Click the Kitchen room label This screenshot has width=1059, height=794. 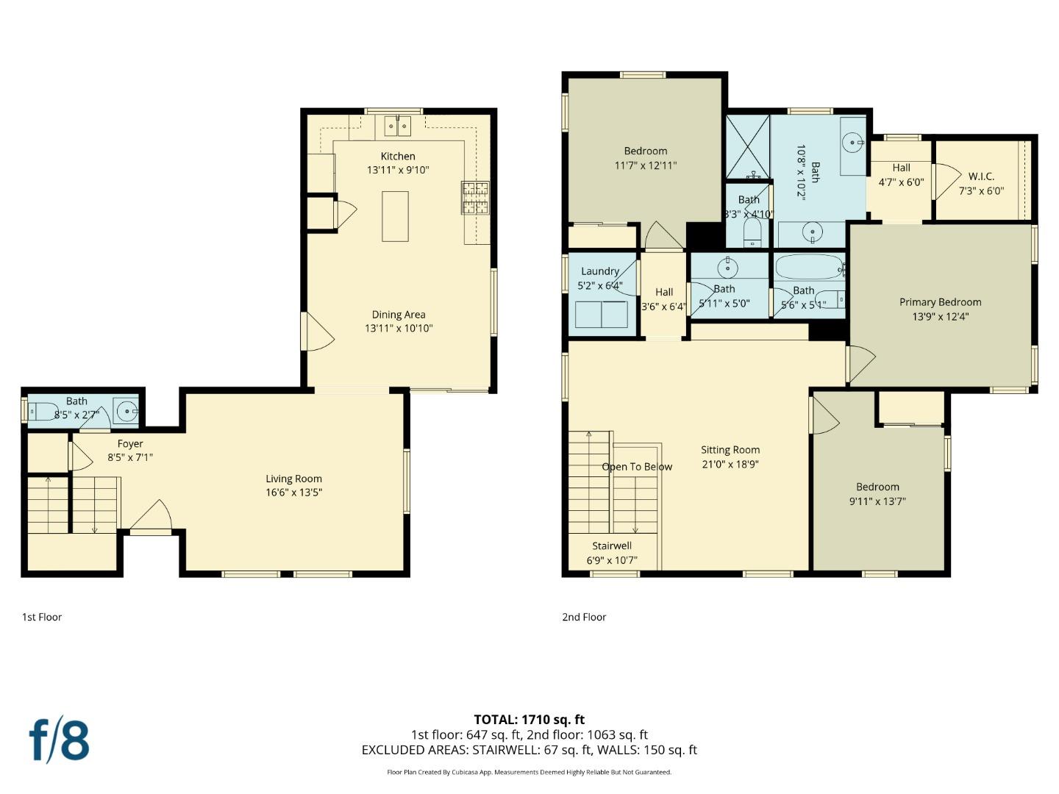click(398, 156)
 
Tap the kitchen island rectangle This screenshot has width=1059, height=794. click(395, 216)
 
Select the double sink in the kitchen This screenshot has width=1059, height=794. click(398, 126)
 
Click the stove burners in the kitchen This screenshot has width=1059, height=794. click(475, 198)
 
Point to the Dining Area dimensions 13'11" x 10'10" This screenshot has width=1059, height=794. click(399, 329)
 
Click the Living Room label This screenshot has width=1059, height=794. click(293, 479)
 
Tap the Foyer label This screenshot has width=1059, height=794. click(130, 443)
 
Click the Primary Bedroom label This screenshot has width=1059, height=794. click(940, 302)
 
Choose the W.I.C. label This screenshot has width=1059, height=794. click(981, 176)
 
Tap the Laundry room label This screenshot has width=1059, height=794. click(600, 271)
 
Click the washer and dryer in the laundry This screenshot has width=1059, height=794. click(602, 314)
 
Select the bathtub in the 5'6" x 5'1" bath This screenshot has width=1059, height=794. click(809, 267)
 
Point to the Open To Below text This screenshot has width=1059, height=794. click(637, 467)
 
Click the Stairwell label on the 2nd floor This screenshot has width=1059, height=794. click(612, 546)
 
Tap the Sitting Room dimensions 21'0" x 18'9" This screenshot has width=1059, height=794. click(730, 464)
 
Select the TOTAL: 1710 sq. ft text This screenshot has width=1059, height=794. click(529, 720)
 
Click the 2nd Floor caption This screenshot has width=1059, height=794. click(584, 617)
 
